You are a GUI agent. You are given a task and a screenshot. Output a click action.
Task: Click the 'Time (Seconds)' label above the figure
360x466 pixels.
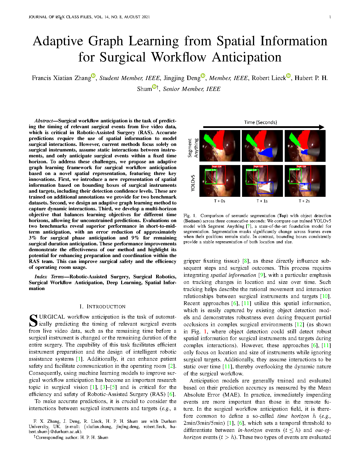coord(260,122)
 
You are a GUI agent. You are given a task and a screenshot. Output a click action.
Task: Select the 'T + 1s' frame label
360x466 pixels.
coord(262,201)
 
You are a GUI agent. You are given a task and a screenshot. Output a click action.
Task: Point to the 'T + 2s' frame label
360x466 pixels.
coord(304,201)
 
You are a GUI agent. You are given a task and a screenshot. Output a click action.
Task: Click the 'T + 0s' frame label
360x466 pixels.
coord(219,201)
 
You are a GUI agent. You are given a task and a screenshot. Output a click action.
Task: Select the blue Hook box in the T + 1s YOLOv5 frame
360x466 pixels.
coord(265,188)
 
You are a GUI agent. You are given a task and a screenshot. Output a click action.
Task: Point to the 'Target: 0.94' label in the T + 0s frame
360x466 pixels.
coord(217,167)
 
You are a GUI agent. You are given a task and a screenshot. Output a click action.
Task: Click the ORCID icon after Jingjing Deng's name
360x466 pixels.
coord(203,76)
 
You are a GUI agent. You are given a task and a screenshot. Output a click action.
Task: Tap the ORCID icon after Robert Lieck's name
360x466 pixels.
coord(288,76)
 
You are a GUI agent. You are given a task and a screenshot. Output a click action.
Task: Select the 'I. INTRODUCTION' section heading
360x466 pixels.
coord(102,307)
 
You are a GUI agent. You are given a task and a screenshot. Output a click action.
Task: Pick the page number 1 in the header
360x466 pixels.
coord(330,17)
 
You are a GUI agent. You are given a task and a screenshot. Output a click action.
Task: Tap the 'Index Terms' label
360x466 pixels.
coord(49,277)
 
